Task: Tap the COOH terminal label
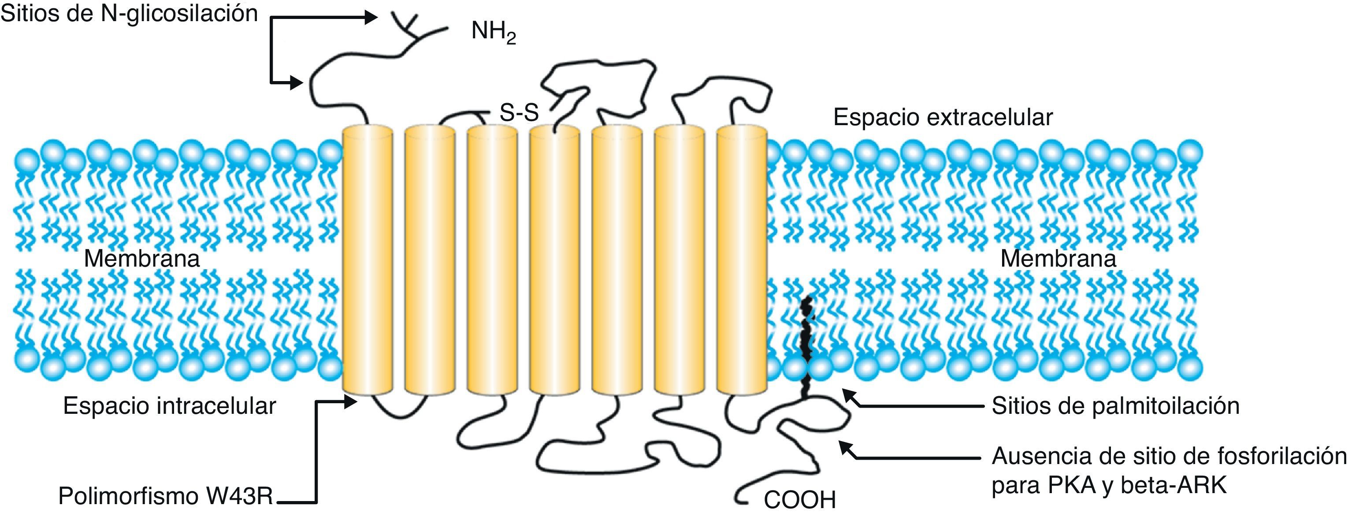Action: [x=799, y=500]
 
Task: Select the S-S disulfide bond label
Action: [x=519, y=112]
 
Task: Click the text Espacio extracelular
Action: [x=943, y=117]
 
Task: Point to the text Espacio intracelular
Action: [x=169, y=406]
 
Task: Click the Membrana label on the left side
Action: [x=142, y=258]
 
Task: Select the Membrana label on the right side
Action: [x=1058, y=258]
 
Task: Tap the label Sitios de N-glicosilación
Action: [x=129, y=14]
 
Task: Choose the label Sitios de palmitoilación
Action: [x=1115, y=406]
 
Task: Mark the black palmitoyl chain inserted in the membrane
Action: [x=807, y=345]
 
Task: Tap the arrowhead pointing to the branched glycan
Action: [x=371, y=18]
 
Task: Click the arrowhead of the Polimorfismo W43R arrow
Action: [x=351, y=402]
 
